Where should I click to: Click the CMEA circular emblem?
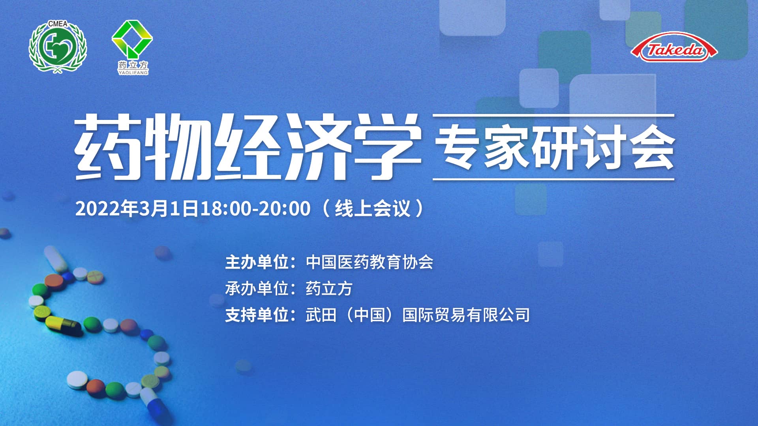58,47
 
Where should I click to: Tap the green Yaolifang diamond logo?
132,39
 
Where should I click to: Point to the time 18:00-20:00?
255,208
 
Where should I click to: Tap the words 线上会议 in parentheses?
373,208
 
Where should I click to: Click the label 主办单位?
257,262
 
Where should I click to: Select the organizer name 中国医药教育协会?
370,262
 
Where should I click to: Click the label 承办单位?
257,289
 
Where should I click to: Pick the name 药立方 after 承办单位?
329,289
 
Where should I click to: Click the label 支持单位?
257,315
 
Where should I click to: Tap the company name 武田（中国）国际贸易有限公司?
417,315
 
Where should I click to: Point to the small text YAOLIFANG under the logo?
133,73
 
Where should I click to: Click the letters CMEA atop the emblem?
58,24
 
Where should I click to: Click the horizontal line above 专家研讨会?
553,116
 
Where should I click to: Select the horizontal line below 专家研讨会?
553,179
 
